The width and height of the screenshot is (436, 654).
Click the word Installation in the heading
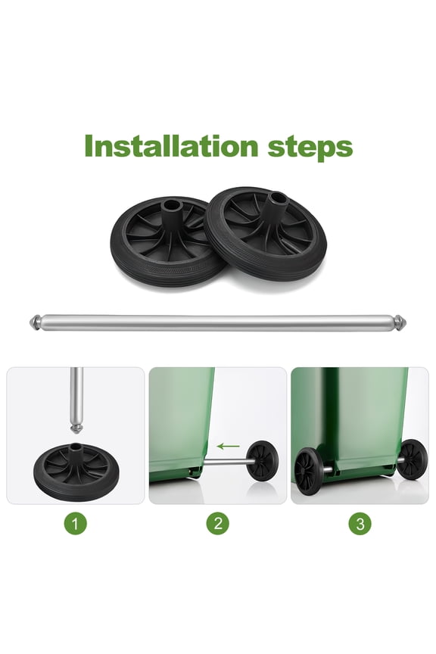tap(172, 145)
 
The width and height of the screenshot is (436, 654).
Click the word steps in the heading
tap(310, 148)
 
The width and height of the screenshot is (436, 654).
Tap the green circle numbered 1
tap(76, 523)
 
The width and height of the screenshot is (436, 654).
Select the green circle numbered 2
tap(218, 523)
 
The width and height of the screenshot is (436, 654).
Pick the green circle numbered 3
tap(360, 523)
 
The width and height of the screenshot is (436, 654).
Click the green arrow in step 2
tap(229, 447)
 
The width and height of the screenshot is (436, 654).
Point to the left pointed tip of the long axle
tap(30, 322)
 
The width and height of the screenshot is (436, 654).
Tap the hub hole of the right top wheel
tap(276, 197)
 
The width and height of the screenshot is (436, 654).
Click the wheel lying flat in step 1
tap(76, 471)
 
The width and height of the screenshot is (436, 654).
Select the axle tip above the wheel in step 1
tap(76, 428)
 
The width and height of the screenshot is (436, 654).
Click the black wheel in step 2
tap(262, 460)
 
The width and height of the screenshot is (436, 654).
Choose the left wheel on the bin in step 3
tap(308, 471)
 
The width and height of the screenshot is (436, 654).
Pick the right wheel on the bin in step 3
tap(411, 459)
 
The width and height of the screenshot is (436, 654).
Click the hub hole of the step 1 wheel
tap(76, 447)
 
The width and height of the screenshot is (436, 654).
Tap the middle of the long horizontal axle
tap(218, 322)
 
